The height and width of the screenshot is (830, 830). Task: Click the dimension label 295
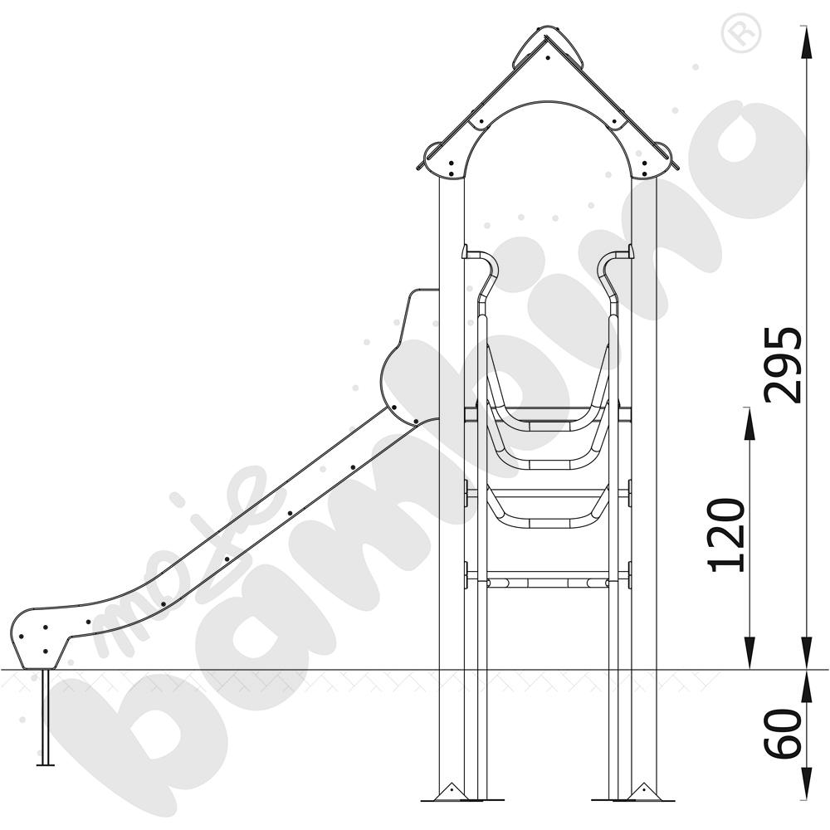(x=783, y=364)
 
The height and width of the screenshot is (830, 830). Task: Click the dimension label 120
(x=726, y=535)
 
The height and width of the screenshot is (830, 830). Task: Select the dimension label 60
(x=783, y=733)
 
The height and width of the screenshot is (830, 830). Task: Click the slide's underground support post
(x=46, y=717)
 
